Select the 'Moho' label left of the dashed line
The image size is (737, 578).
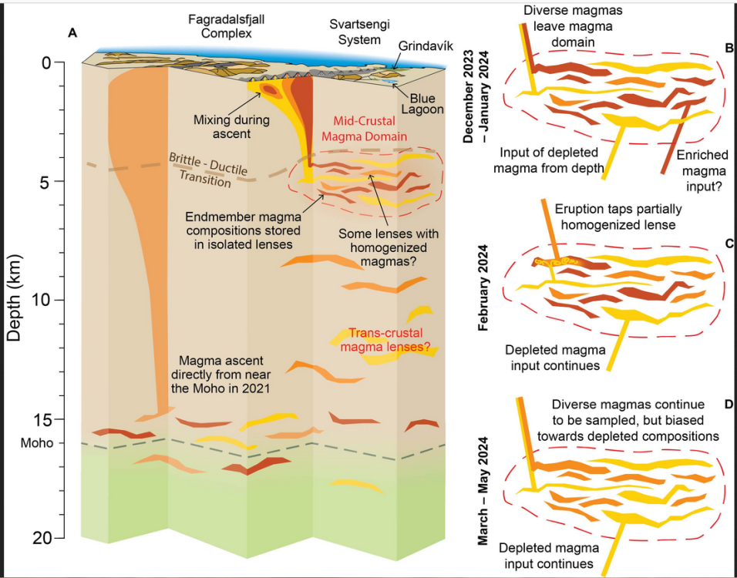[x=37, y=445]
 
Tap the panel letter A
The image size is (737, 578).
[x=73, y=33]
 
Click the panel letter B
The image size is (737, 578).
[x=728, y=48]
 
